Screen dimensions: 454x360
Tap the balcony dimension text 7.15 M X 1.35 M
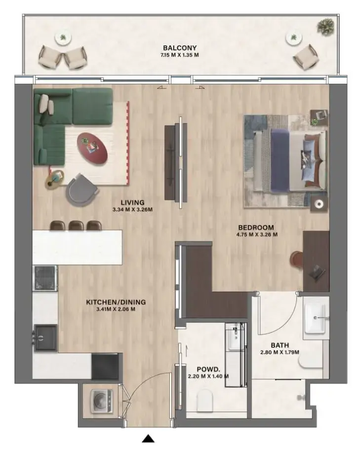(x=180, y=55)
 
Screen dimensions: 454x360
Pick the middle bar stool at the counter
(x=76, y=226)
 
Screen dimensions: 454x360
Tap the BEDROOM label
(x=255, y=227)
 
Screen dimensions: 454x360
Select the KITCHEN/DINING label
(x=116, y=303)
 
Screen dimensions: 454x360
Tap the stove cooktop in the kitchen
(x=45, y=278)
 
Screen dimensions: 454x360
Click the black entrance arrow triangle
(x=149, y=438)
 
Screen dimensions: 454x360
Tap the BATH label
(x=280, y=345)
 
